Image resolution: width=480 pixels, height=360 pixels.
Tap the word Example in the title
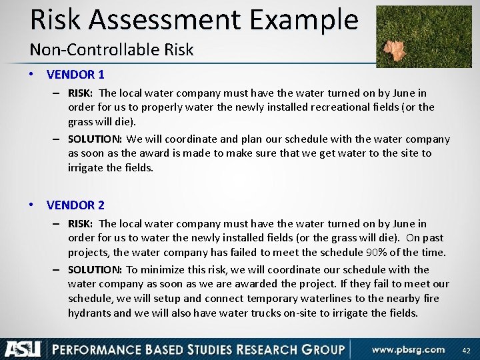tap(304, 20)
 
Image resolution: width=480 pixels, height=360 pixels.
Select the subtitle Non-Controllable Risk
tap(111, 49)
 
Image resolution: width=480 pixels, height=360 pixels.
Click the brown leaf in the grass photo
tap(395, 49)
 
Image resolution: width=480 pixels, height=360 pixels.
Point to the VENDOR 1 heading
tap(75, 75)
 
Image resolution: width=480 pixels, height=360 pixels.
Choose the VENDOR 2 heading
tap(75, 205)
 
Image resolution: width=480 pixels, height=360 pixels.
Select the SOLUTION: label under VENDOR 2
tap(95, 269)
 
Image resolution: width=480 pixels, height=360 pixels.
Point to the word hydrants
tap(90, 313)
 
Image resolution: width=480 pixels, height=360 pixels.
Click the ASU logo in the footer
tap(23, 349)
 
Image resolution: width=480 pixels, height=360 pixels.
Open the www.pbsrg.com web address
tap(409, 349)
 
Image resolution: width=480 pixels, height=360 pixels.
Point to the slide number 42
tap(466, 350)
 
